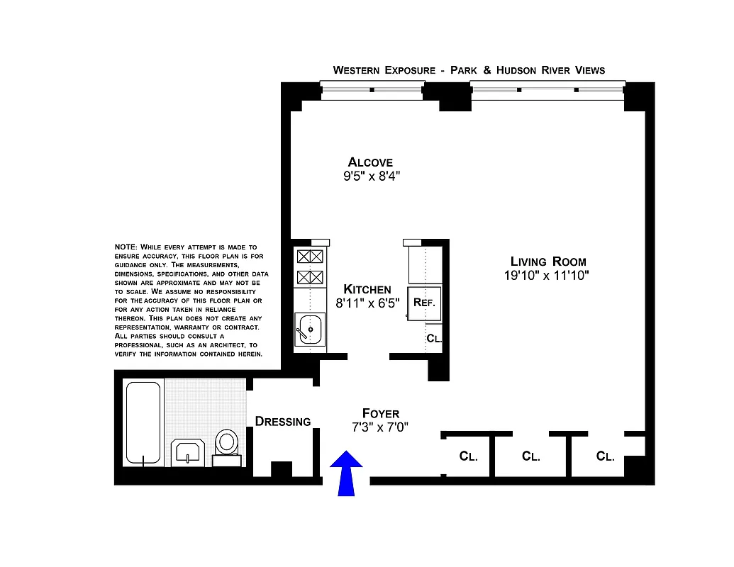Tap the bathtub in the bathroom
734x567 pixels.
[x=143, y=422]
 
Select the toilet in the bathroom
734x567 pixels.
[x=228, y=445]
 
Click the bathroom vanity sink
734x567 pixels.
[x=188, y=451]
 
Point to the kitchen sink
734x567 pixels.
[x=309, y=330]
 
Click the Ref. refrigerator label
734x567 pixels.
[x=428, y=301]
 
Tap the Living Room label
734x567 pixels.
[x=548, y=262]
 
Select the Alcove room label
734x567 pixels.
[x=370, y=162]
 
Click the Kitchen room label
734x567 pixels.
[x=367, y=289]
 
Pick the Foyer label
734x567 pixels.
[x=380, y=413]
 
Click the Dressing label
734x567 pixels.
[x=283, y=422]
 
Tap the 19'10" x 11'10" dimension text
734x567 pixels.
[x=547, y=276]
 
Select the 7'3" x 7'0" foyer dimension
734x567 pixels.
[x=380, y=427]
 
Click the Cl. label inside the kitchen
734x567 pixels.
[x=434, y=339]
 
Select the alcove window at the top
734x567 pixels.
[x=372, y=90]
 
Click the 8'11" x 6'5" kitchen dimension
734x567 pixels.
[x=367, y=303]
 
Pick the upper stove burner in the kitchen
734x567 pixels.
[x=310, y=257]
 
